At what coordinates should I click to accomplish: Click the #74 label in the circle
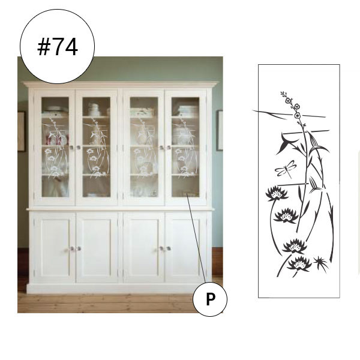(x=58, y=47)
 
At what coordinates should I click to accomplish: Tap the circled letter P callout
(x=210, y=299)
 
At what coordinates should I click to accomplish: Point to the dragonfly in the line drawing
(x=286, y=169)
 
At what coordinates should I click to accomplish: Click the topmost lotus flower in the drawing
(x=277, y=194)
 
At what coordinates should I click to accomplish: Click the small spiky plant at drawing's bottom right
(x=321, y=263)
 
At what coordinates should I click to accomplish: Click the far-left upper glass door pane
(x=55, y=147)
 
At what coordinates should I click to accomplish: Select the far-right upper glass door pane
(x=185, y=147)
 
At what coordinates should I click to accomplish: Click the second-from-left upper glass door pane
(x=96, y=147)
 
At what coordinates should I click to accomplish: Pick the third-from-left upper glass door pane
(x=144, y=147)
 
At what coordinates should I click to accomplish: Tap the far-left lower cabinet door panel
(x=55, y=247)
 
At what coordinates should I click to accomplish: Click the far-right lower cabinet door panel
(x=186, y=247)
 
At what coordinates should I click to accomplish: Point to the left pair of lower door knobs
(x=75, y=248)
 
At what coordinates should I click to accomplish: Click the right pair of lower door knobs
(x=165, y=248)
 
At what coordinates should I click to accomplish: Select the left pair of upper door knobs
(x=75, y=147)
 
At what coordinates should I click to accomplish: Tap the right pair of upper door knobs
(x=165, y=147)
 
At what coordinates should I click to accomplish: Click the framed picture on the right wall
(x=220, y=130)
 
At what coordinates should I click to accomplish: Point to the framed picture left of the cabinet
(x=22, y=131)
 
